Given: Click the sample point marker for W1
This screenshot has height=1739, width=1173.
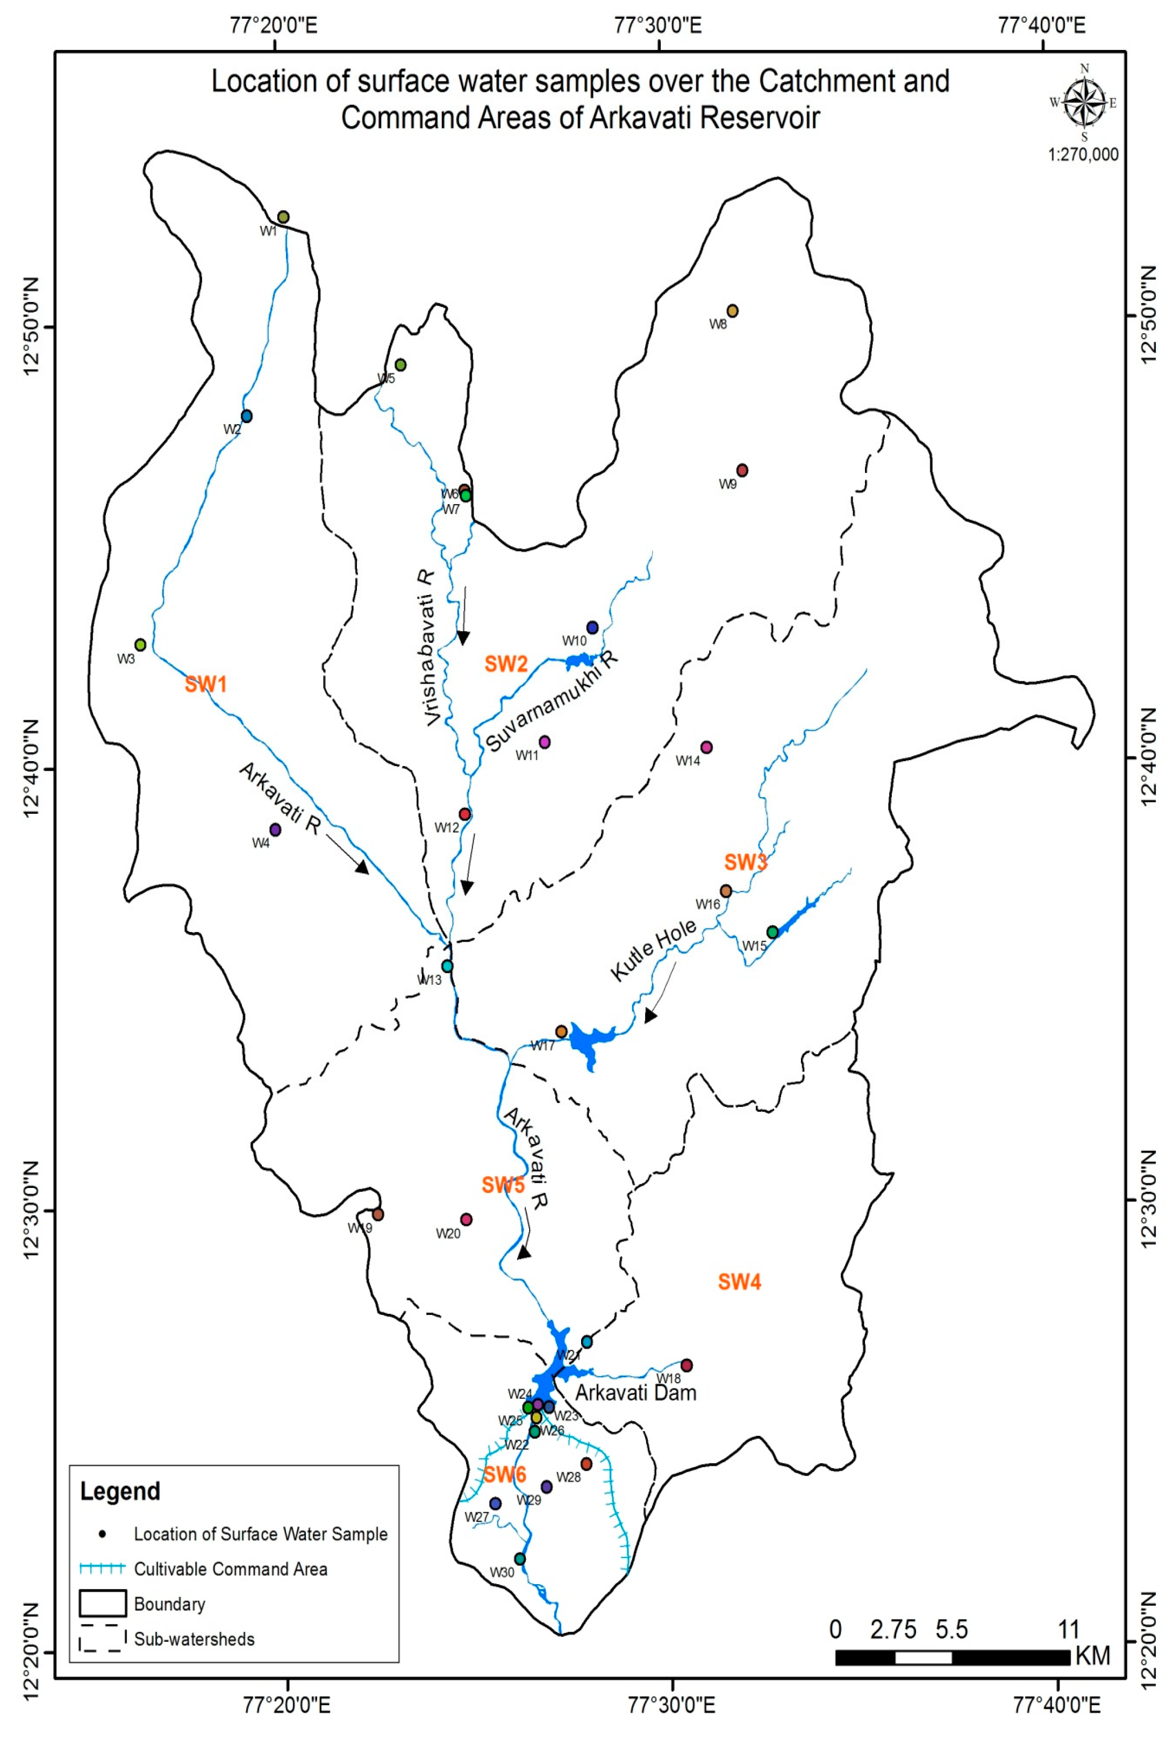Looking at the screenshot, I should click(283, 217).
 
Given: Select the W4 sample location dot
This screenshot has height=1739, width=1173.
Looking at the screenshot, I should click(275, 829).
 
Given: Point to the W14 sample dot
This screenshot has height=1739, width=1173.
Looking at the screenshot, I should click(706, 747).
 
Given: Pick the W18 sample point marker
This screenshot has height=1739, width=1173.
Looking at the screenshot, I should click(686, 1365).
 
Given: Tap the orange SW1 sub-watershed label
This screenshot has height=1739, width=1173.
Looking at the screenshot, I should click(206, 684).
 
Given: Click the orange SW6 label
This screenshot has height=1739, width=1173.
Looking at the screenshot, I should click(505, 1474).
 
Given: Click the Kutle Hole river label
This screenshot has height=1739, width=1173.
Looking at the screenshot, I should click(653, 950).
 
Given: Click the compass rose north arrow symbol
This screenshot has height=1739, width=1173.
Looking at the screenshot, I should click(1084, 102).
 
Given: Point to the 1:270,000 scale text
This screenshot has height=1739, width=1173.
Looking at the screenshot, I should click(1083, 155).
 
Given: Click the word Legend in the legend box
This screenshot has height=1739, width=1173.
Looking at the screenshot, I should click(120, 1491).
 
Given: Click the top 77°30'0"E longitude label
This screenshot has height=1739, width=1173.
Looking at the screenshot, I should click(659, 25).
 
